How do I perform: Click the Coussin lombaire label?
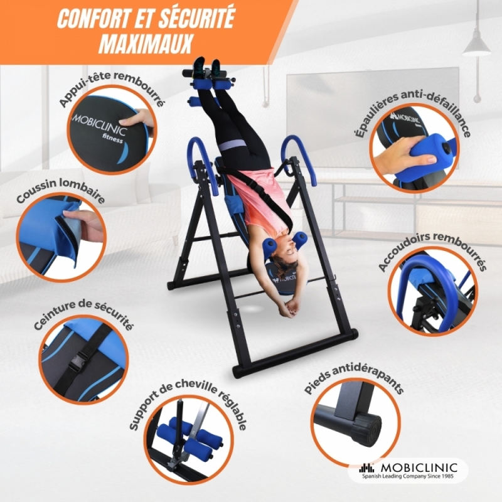pyautogui.click(x=60, y=191)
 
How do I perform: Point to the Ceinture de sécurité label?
pyautogui.click(x=83, y=315)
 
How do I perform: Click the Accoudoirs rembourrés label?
pyautogui.click(x=432, y=252)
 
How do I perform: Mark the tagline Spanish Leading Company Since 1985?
pyautogui.click(x=409, y=477)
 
